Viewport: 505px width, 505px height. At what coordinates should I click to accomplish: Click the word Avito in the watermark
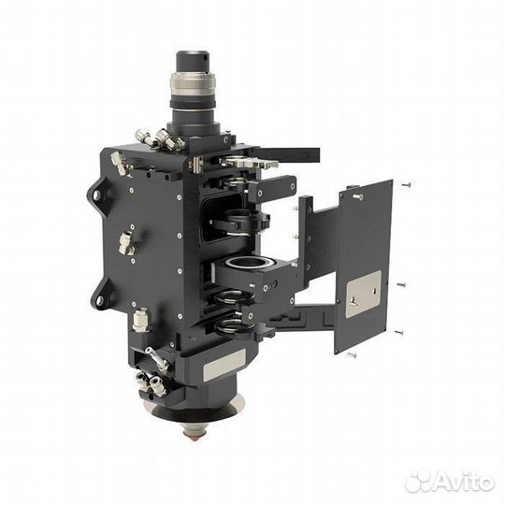(462, 483)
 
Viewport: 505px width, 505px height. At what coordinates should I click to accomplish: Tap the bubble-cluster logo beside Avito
(417, 482)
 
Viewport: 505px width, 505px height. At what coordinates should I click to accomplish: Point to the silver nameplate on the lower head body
(224, 363)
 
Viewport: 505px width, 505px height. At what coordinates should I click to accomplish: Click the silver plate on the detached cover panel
(363, 294)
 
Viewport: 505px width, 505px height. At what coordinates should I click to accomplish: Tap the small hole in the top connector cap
(204, 58)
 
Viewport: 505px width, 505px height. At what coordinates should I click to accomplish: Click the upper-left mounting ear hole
(96, 195)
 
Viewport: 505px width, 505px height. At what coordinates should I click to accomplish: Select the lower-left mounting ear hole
(99, 301)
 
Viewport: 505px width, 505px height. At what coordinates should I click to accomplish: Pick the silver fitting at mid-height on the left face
(126, 242)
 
